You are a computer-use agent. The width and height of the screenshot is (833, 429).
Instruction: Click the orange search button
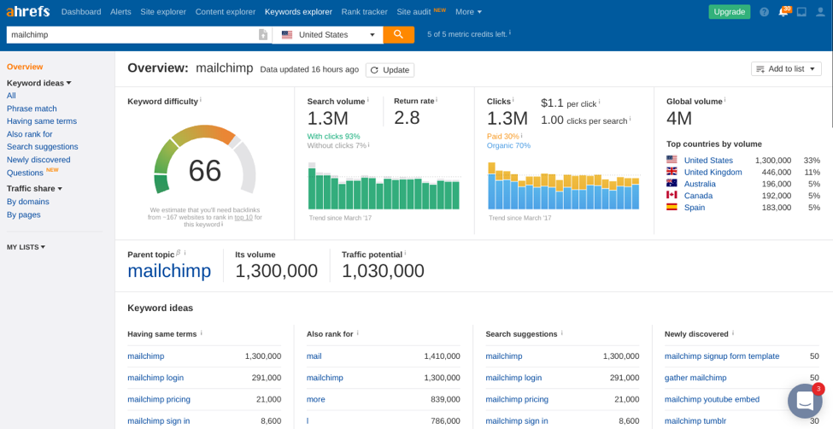[398, 34]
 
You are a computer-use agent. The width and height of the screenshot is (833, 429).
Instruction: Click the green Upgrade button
[729, 12]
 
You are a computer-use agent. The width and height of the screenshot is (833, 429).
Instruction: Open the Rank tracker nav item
[364, 12]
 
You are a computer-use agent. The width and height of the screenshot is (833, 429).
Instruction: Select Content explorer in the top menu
[225, 12]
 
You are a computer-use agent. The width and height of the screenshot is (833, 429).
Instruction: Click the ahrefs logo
[28, 12]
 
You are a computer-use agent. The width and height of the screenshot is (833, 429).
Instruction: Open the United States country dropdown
[328, 35]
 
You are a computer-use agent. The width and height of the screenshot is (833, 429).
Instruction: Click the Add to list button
[785, 69]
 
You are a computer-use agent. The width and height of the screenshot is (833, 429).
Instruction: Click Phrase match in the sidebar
[32, 109]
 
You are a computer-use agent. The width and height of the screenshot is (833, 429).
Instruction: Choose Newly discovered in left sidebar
[38, 160]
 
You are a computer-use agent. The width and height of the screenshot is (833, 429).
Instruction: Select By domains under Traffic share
[28, 202]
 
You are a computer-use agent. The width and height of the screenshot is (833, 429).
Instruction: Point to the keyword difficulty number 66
[204, 171]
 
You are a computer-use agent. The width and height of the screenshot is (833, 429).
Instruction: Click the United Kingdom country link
[713, 172]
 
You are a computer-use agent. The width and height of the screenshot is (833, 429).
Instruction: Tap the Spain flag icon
[672, 208]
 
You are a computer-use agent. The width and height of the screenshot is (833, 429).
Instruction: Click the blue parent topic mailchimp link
[169, 271]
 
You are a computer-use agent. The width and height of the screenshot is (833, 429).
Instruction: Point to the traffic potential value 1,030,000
[383, 271]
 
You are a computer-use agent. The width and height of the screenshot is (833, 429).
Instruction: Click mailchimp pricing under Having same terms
[159, 399]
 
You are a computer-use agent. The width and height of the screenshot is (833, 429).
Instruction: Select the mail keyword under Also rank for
[314, 356]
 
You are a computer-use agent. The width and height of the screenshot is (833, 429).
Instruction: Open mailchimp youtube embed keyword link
[712, 399]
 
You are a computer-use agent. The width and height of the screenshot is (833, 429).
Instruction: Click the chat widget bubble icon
[804, 401]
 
